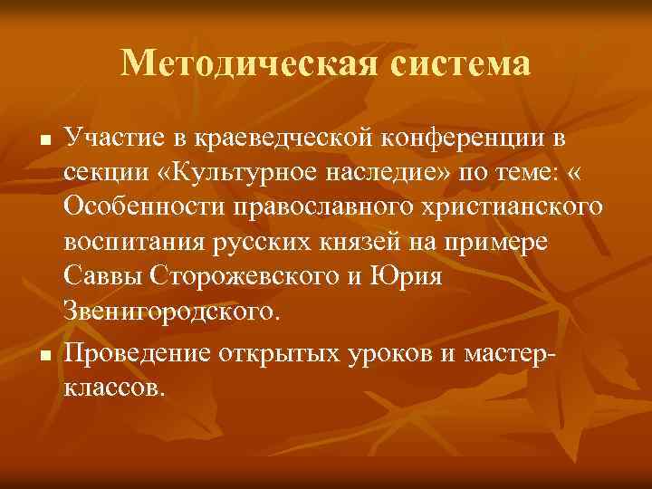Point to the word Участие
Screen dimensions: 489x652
112,139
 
